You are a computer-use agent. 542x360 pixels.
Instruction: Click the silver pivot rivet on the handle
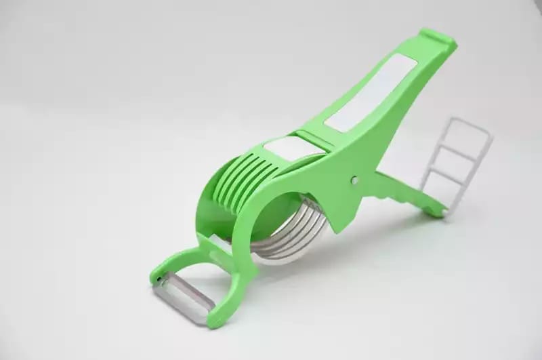tap(356, 180)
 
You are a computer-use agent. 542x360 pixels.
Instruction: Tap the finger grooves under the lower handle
tap(400, 193)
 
